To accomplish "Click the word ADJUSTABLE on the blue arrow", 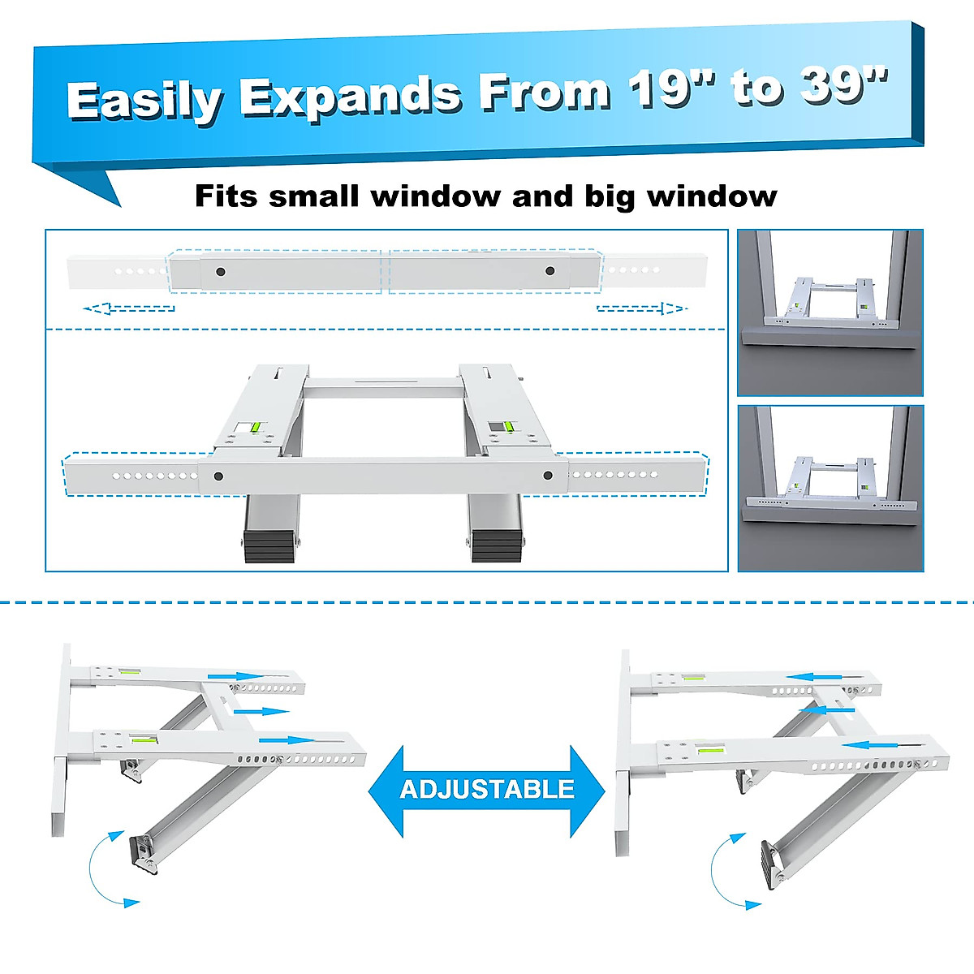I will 487,790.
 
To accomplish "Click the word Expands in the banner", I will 350,96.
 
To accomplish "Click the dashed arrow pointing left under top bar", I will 130,308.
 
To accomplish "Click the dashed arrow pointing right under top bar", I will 641,308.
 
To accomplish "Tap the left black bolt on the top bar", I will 220,271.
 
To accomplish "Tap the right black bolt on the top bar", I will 550,271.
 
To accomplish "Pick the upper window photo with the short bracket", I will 830,312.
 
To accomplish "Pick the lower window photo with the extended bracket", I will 830,489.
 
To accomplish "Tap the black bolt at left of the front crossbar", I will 218,476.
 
